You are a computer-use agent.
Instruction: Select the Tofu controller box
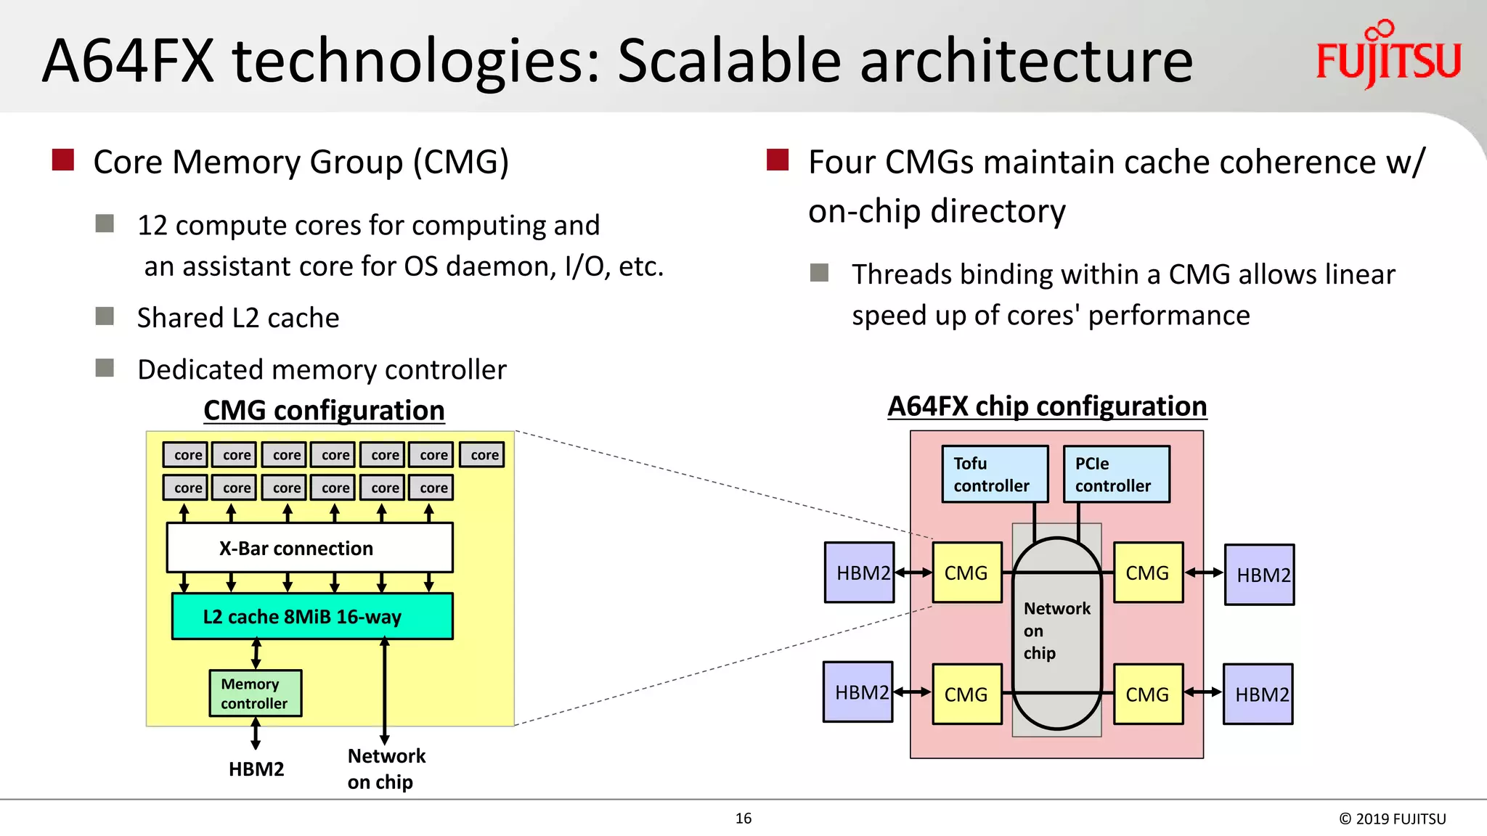click(995, 474)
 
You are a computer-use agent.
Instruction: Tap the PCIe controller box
click(1116, 474)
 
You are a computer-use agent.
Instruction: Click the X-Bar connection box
click(310, 548)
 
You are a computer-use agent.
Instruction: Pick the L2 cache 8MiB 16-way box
click(312, 616)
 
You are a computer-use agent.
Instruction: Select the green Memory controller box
click(255, 693)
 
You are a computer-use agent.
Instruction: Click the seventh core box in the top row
click(484, 455)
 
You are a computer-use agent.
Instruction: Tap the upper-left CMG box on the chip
click(966, 573)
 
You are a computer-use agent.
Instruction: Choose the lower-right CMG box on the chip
click(1147, 694)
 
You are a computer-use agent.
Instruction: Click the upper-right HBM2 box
click(1259, 575)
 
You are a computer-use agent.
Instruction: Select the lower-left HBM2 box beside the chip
click(858, 692)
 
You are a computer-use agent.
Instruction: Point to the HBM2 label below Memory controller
click(256, 769)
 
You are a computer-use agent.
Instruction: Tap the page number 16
click(743, 819)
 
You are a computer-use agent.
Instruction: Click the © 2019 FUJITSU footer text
click(1392, 819)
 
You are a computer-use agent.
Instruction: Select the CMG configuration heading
click(324, 411)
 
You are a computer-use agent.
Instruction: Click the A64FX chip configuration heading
click(1047, 406)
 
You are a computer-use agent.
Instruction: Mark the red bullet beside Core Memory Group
click(63, 160)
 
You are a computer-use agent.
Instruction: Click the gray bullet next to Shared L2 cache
click(105, 316)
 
